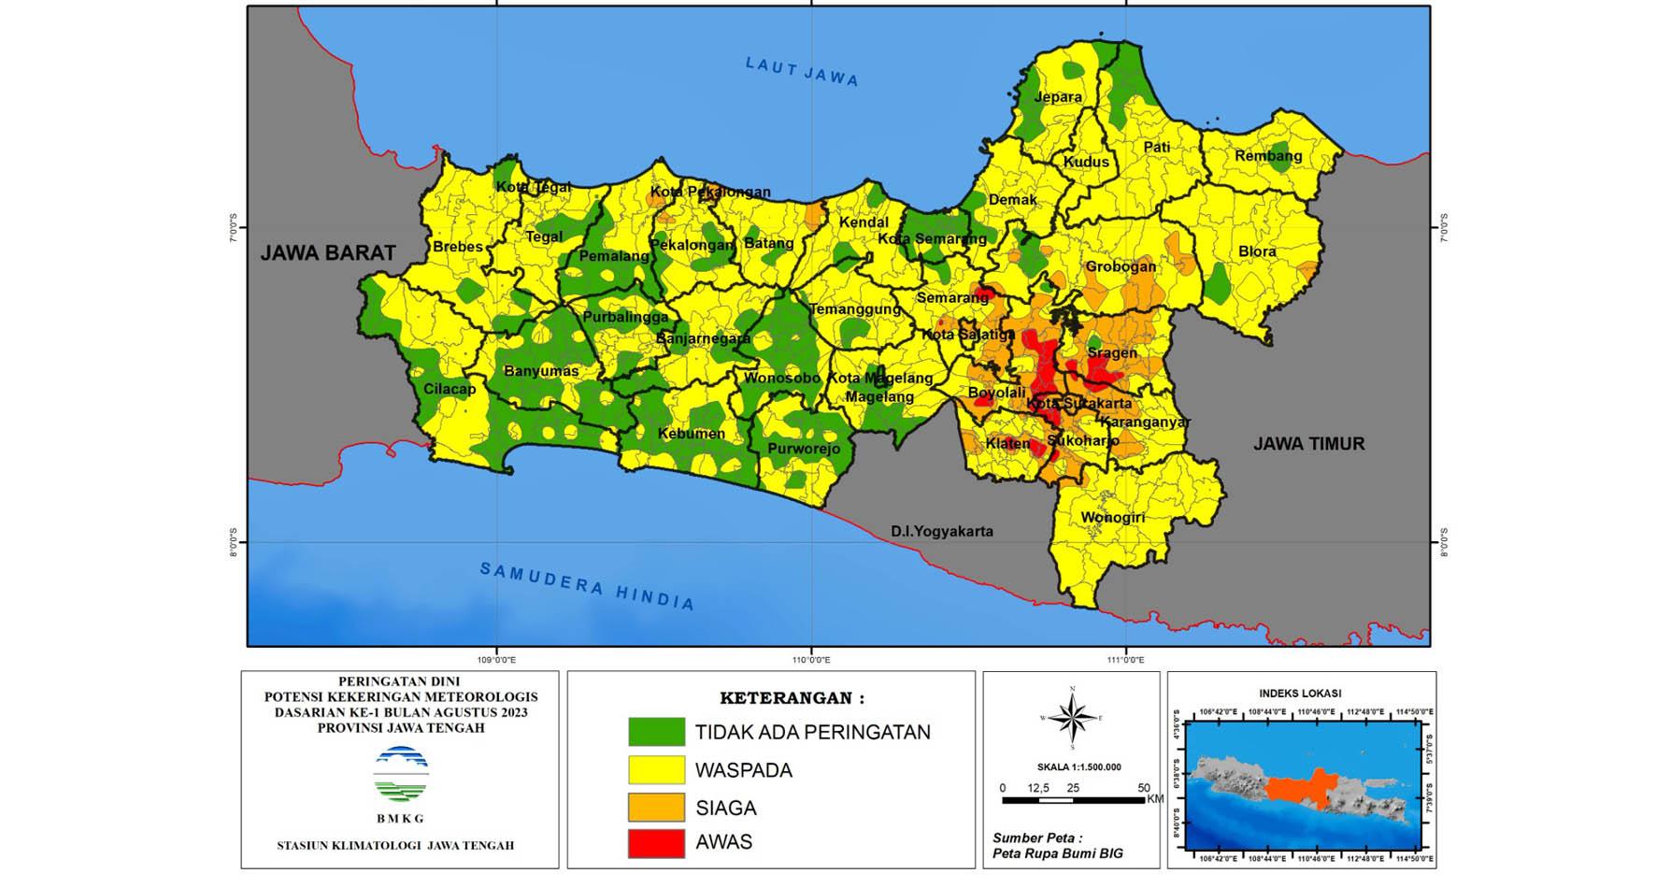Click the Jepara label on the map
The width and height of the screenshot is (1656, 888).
click(x=1058, y=97)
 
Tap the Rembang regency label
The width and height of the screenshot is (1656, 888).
click(x=1268, y=156)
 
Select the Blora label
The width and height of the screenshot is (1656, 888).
click(x=1257, y=251)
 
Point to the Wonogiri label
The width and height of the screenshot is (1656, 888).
click(x=1113, y=518)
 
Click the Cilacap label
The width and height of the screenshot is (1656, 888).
click(x=450, y=389)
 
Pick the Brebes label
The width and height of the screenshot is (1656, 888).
click(x=458, y=247)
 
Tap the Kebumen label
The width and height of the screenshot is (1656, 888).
click(x=691, y=434)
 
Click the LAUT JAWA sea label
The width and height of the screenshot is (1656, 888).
click(x=802, y=72)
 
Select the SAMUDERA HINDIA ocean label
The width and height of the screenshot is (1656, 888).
click(x=588, y=586)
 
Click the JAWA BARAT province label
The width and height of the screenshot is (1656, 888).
click(x=328, y=253)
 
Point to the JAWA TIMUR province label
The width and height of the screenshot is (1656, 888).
click(x=1308, y=444)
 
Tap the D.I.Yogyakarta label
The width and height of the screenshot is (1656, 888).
click(x=941, y=531)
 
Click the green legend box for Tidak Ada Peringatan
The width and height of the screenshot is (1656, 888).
click(x=656, y=732)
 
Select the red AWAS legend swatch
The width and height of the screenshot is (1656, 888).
click(x=656, y=842)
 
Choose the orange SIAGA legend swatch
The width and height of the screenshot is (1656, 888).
click(x=656, y=807)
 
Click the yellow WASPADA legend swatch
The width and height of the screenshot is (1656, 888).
click(x=656, y=770)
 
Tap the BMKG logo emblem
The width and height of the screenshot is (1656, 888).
click(x=400, y=775)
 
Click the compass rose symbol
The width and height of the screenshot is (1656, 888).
click(x=1072, y=719)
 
